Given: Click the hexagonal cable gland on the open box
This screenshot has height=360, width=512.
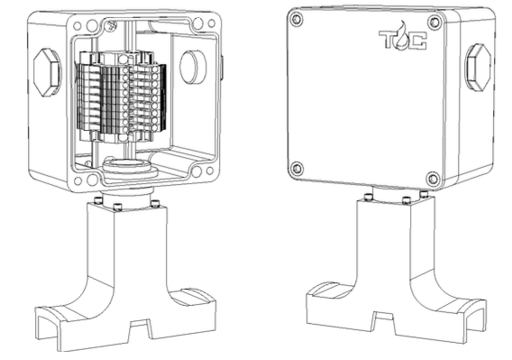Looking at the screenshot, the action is click(x=47, y=72).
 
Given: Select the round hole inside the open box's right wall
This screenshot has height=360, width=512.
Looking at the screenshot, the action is click(x=193, y=67).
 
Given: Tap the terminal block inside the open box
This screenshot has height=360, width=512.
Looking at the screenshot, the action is click(x=122, y=97).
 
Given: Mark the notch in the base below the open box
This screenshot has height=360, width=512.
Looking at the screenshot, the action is click(x=141, y=329).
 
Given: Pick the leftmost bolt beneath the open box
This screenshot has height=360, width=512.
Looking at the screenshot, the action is click(x=96, y=200).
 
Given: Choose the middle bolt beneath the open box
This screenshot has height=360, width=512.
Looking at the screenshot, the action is click(x=117, y=207).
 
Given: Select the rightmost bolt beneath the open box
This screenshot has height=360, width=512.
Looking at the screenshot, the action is click(x=155, y=203).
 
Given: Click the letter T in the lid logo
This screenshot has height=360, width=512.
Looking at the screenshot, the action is click(x=387, y=39).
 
